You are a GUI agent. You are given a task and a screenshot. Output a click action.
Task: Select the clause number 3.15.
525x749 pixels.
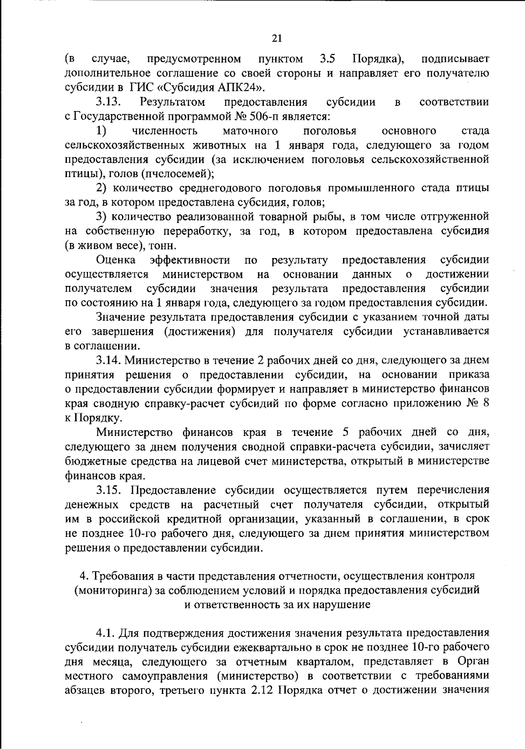109,490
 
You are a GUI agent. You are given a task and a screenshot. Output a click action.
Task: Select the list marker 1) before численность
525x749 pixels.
102,131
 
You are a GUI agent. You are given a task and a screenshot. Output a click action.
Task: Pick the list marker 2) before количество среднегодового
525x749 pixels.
102,188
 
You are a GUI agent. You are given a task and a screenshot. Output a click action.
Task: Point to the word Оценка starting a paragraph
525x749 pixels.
116,260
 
